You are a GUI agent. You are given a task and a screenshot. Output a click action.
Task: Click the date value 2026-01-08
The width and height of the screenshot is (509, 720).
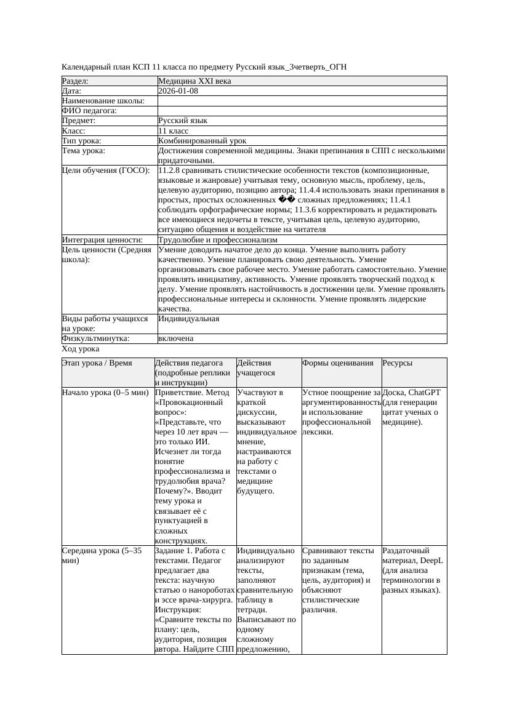coord(178,90)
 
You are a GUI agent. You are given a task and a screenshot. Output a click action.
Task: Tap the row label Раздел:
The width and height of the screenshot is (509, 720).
coord(75,81)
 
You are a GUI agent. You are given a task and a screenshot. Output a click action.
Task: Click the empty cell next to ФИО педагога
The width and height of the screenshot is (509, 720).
coord(302,111)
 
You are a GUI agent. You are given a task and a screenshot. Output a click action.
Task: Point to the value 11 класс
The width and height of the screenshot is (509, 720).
coord(173,130)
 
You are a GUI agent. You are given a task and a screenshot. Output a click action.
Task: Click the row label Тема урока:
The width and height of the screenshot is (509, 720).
coord(84,150)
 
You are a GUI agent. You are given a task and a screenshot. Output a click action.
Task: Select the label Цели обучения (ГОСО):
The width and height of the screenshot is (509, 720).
coord(105,170)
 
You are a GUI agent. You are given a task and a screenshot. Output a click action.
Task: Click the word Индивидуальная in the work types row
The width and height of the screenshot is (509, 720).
coord(188,319)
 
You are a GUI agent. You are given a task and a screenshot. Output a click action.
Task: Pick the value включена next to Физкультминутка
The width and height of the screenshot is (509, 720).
coord(175,338)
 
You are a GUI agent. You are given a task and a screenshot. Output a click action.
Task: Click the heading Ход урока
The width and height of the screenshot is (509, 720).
coord(80,349)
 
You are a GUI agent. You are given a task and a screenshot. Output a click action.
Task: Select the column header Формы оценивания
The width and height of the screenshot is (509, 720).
coord(337,363)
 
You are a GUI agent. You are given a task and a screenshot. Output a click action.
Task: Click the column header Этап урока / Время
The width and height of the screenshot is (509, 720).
coord(97,363)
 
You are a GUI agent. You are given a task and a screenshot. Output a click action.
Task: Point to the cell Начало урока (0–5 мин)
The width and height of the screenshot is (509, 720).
coord(105,392)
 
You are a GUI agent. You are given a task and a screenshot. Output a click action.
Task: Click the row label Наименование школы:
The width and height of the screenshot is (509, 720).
coord(103,100)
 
